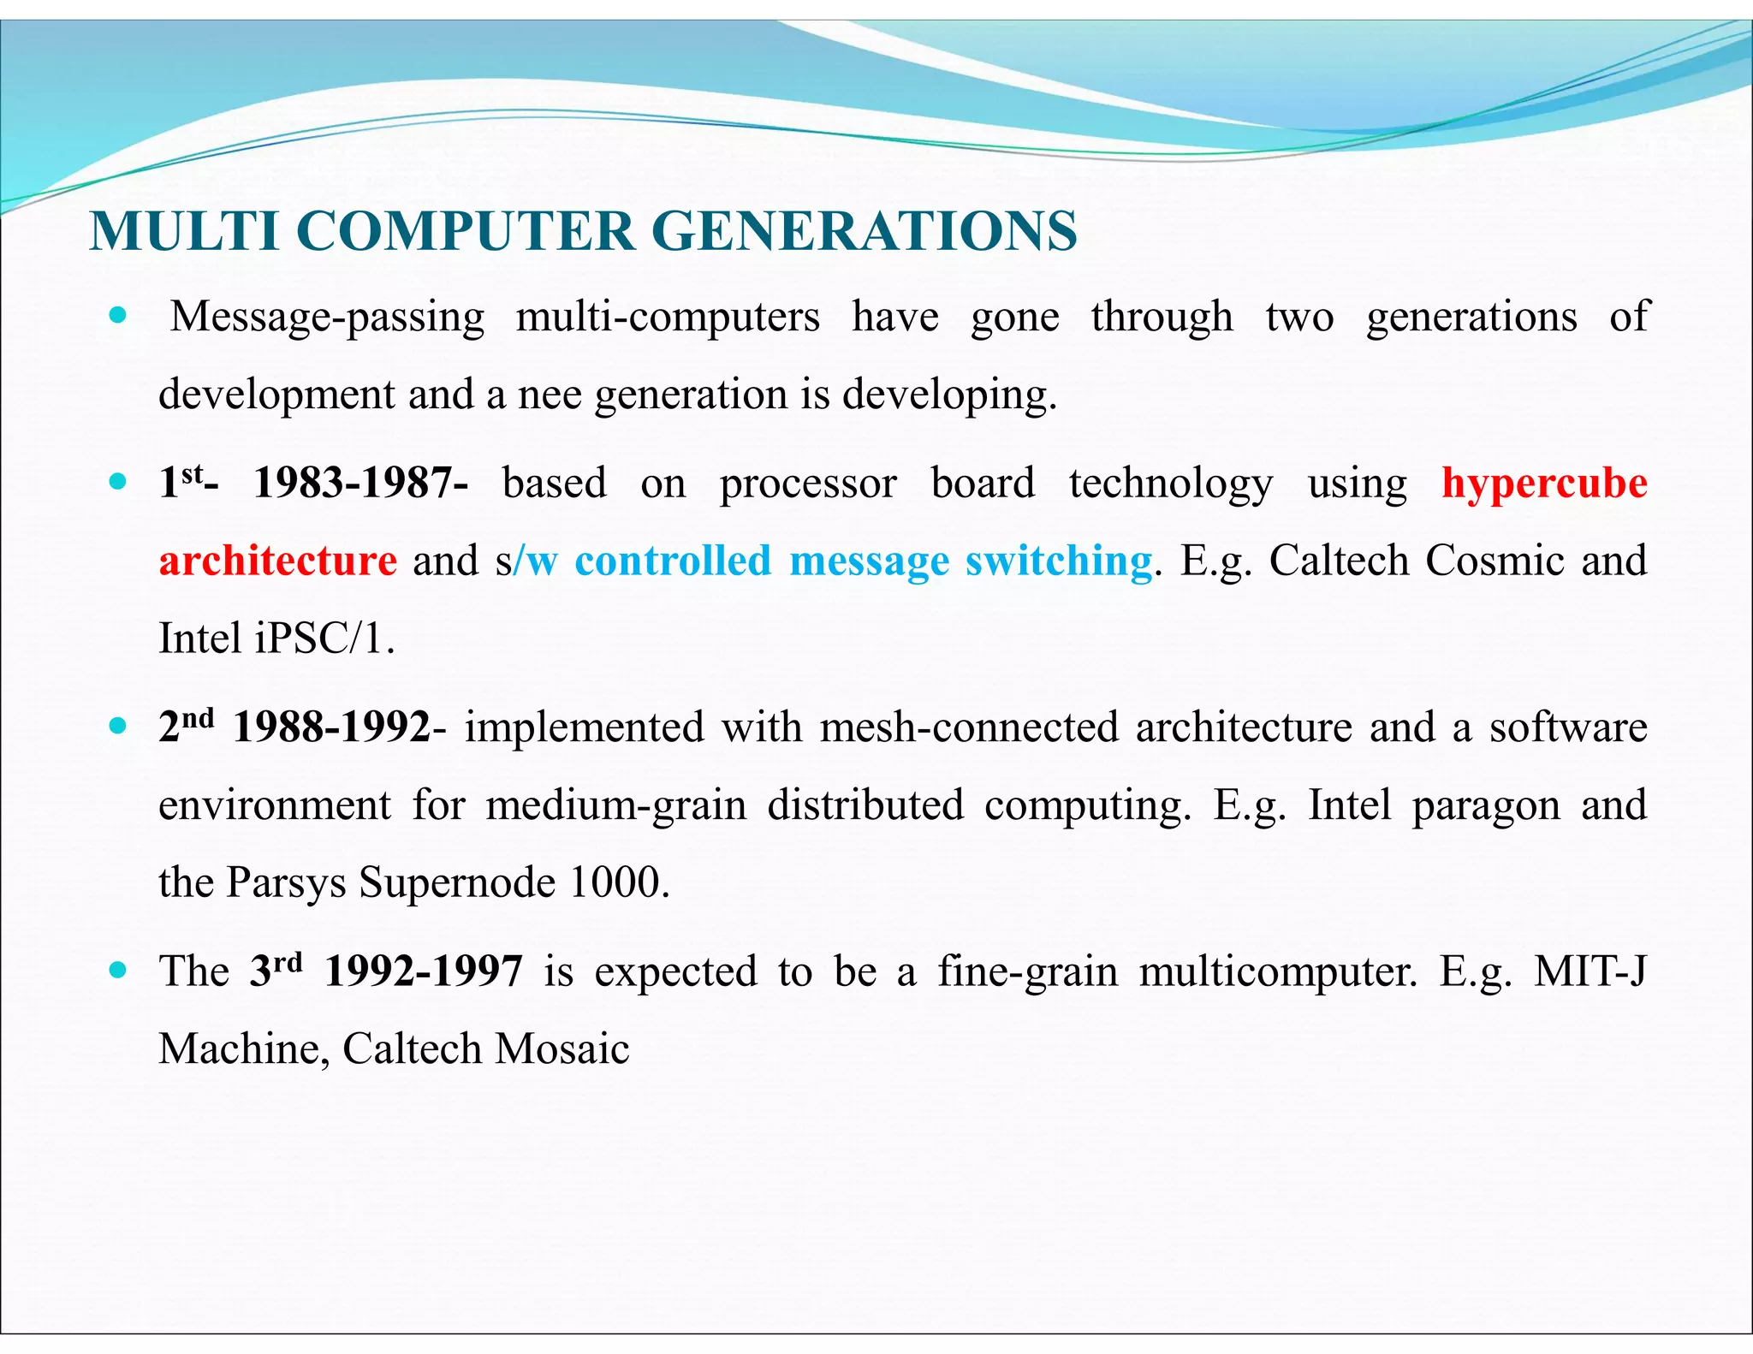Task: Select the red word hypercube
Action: (1544, 483)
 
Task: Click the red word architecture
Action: (278, 561)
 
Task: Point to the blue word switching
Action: (1058, 561)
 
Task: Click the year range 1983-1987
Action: (360, 483)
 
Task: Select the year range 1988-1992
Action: (332, 727)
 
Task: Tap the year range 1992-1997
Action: (424, 971)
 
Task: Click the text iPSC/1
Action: (324, 638)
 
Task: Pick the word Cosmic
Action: (1495, 561)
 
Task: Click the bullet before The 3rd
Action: (118, 971)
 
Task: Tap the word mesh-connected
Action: (969, 727)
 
